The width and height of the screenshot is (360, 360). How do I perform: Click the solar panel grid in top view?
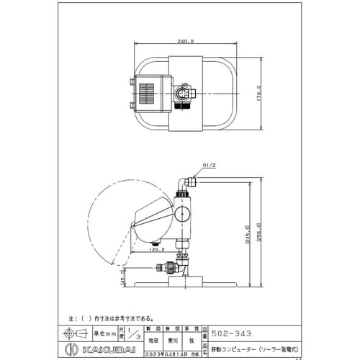(147, 94)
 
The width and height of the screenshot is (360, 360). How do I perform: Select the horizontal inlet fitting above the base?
(167, 266)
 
